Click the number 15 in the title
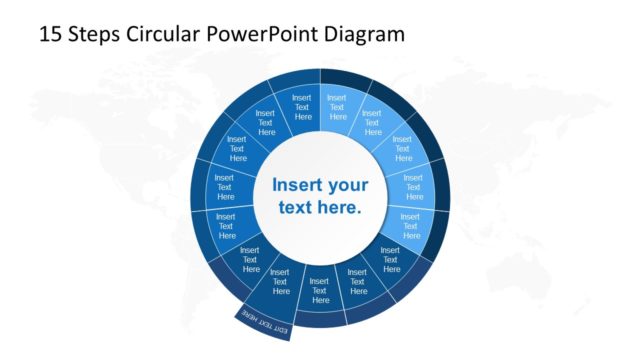click(50, 34)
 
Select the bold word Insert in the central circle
click(297, 185)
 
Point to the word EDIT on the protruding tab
click(280, 329)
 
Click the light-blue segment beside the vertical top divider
click(337, 106)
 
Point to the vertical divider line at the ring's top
click(320, 100)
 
